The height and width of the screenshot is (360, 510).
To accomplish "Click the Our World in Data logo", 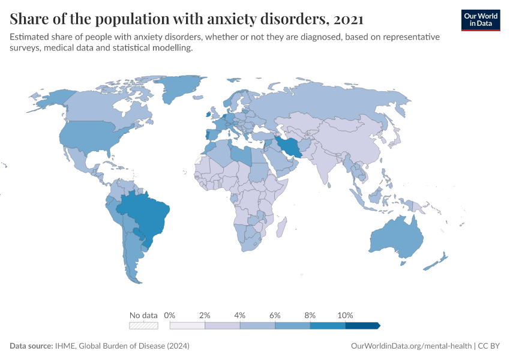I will pyautogui.click(x=480, y=20).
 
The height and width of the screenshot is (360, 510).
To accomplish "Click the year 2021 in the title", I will pyautogui.click(x=348, y=19).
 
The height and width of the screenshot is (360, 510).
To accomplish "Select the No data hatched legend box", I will pyautogui.click(x=144, y=325).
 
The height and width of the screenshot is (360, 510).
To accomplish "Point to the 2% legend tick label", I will pyautogui.click(x=205, y=315).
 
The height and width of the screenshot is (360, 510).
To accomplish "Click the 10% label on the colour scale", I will pyautogui.click(x=346, y=315).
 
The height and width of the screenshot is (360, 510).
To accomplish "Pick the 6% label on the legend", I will pyautogui.click(x=275, y=315).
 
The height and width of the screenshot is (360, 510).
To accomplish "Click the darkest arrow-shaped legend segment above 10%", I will pyautogui.click(x=362, y=325).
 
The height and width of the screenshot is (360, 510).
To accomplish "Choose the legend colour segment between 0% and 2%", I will pyautogui.click(x=187, y=325).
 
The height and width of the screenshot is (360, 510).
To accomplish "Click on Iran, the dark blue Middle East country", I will pyautogui.click(x=289, y=146).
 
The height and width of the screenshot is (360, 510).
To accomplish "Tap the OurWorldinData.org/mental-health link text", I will pyautogui.click(x=410, y=346).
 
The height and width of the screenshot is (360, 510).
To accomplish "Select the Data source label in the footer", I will pyautogui.click(x=31, y=346).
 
